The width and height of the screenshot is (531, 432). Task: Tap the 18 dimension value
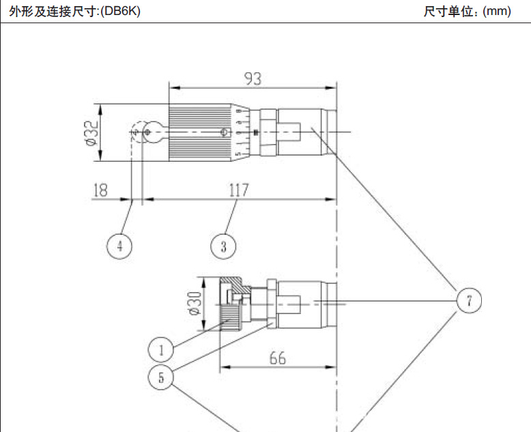(x=100, y=190)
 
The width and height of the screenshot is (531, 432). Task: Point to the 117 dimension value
(x=238, y=190)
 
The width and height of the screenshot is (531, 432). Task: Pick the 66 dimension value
(x=276, y=358)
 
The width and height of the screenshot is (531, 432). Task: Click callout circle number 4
(x=119, y=246)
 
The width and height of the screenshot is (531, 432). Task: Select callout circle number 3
(x=223, y=246)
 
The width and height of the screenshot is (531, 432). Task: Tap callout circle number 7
(x=469, y=300)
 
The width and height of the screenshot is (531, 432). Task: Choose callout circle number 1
(x=161, y=350)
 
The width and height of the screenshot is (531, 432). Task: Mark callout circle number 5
(x=161, y=377)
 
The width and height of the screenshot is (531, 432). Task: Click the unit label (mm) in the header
(x=497, y=12)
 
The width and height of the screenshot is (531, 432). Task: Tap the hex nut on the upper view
(x=266, y=131)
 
